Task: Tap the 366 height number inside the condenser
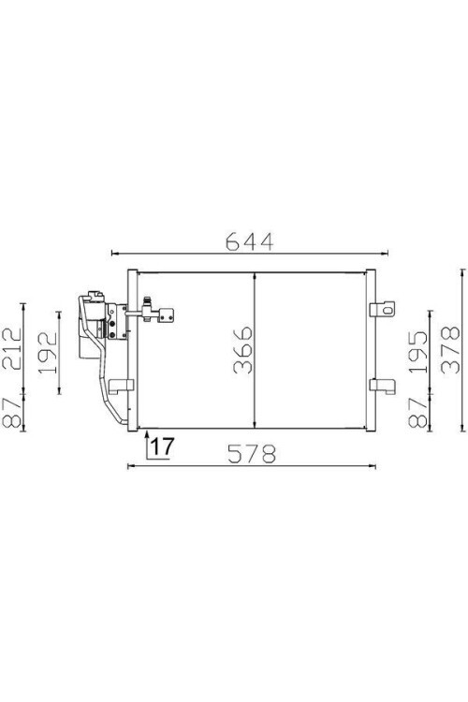point(241,349)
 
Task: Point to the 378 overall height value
point(448,349)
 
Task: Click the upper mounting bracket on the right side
point(380,309)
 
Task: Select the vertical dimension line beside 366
point(256,348)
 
